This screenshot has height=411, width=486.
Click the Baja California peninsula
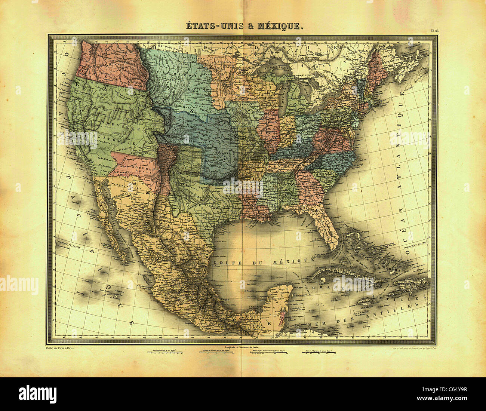coord(112,221)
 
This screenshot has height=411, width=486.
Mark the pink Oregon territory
coord(112,64)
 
